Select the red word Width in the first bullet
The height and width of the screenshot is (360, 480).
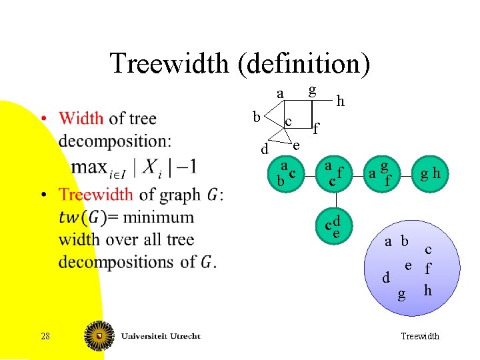click(x=81, y=119)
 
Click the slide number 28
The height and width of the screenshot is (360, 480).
click(x=45, y=336)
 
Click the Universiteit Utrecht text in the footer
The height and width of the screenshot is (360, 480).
click(x=161, y=336)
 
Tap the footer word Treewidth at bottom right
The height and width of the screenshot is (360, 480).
click(x=419, y=336)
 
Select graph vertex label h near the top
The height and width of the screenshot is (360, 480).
click(x=341, y=101)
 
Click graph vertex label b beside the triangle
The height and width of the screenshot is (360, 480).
click(x=256, y=117)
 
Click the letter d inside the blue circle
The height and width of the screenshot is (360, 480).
click(x=386, y=278)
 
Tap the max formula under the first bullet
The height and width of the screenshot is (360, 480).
click(x=133, y=167)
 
